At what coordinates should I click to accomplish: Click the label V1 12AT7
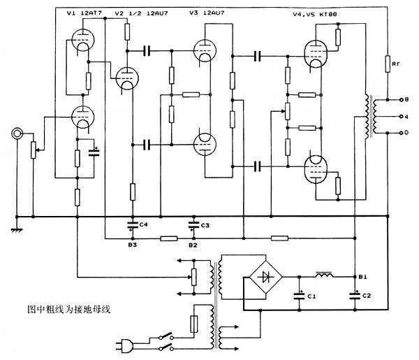[x=84, y=13]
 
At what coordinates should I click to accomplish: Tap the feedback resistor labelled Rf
[x=388, y=64]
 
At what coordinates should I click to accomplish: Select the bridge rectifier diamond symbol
[x=266, y=277]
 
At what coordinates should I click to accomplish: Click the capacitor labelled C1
[x=299, y=296]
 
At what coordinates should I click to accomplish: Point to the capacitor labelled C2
[x=355, y=295]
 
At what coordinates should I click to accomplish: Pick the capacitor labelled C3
[x=194, y=225]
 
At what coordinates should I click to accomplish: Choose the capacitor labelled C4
[x=133, y=224]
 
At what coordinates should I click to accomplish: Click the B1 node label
[x=362, y=277]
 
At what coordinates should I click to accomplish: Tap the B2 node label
[x=193, y=245]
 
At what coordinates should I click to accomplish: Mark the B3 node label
[x=132, y=245]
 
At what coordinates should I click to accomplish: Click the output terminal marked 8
[x=401, y=100]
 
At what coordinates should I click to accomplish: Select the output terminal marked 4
[x=401, y=117]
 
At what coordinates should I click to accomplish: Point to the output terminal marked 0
[x=401, y=133]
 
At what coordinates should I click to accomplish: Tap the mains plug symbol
[x=125, y=345]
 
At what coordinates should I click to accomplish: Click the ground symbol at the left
[x=17, y=230]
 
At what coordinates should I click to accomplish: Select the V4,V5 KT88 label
[x=315, y=14]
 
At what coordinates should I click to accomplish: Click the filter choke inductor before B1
[x=324, y=275]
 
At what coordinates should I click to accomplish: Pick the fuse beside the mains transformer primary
[x=193, y=324]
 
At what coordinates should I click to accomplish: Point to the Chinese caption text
[x=69, y=309]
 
